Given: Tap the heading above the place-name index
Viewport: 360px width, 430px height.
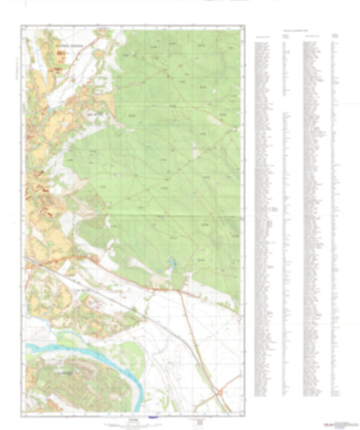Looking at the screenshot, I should pos(297,30).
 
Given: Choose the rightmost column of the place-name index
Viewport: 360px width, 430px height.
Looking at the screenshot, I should pos(336,216).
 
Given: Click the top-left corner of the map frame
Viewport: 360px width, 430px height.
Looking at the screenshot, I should pos(22,26).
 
